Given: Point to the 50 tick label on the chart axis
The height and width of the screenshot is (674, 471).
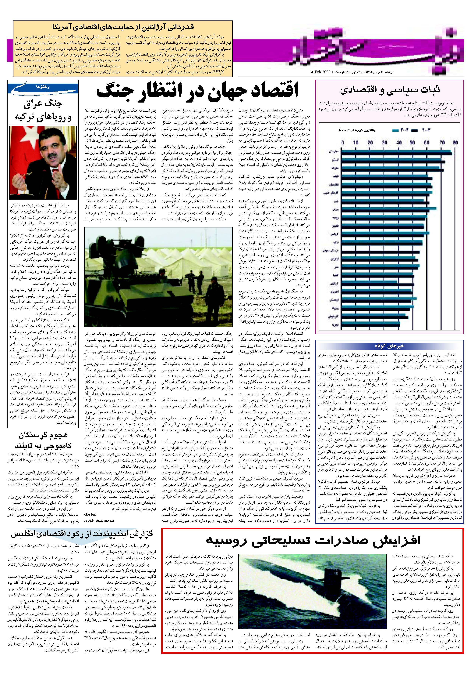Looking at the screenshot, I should tap(412, 143).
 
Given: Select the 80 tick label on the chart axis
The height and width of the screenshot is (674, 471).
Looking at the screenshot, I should tap(455, 143).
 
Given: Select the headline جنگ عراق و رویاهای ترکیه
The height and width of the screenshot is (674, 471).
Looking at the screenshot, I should tap(43, 110).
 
